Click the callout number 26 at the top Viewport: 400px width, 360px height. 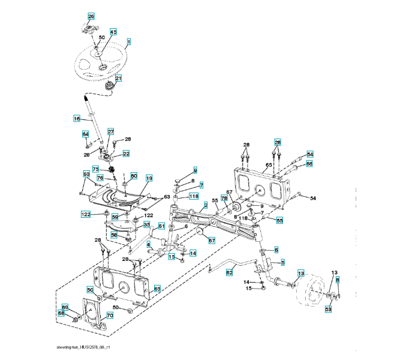click(x=91, y=16)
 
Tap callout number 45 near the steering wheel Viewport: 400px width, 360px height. click(x=113, y=31)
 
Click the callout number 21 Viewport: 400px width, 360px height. click(x=118, y=78)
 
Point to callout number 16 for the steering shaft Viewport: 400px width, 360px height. click(x=77, y=119)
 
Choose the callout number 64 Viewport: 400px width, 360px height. click(x=85, y=134)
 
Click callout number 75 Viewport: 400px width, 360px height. click(x=95, y=169)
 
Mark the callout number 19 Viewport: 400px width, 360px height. click(x=148, y=178)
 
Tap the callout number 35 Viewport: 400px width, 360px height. click(x=146, y=224)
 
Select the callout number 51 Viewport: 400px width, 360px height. click(x=161, y=226)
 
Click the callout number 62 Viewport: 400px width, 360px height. click(x=229, y=272)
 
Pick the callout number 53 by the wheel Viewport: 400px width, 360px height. click(x=328, y=309)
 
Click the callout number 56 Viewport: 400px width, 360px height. click(x=309, y=163)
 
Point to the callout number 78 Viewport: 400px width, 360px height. click(x=224, y=198)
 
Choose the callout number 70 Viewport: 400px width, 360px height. click(x=109, y=315)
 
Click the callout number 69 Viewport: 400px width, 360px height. click(x=65, y=307)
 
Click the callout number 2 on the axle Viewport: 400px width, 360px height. click(x=206, y=205)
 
